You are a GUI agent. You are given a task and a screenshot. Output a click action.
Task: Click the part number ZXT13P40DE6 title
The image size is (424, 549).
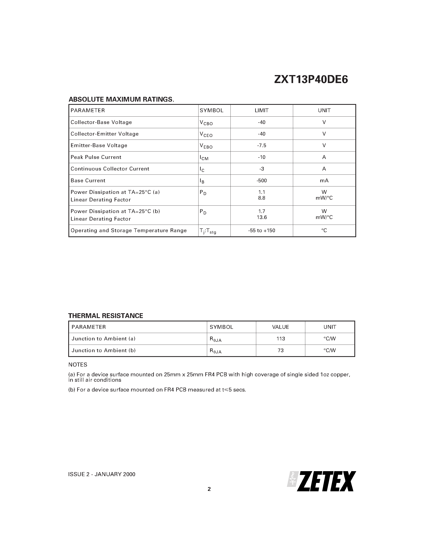(311, 80)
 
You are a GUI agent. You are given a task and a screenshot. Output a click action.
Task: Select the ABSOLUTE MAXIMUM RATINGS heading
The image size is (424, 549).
(121, 99)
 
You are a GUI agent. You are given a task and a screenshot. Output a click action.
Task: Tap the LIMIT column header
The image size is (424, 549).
(262, 110)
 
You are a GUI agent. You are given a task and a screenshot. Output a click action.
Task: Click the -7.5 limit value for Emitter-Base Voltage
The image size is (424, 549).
(262, 146)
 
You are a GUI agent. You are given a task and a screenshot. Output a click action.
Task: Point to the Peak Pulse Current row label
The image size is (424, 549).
(96, 157)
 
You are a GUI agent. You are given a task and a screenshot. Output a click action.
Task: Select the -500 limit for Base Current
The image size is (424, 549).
(262, 180)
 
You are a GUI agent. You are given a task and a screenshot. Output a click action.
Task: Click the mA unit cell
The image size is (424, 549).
(324, 180)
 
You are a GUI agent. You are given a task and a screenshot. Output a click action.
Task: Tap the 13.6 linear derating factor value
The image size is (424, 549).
(262, 217)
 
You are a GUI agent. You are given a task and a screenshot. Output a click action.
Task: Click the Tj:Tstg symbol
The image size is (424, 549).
(208, 231)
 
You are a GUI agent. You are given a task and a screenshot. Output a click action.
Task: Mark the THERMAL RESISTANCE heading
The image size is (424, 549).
(106, 316)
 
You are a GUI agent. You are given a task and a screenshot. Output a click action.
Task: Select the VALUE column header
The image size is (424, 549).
(281, 327)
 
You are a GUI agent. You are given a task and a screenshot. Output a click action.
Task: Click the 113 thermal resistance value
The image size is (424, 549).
(281, 339)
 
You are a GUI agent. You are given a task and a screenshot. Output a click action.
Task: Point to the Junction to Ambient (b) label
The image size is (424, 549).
(104, 350)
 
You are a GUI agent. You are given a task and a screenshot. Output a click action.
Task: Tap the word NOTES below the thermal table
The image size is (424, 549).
(78, 365)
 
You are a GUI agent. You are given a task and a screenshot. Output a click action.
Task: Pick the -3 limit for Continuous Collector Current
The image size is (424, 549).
(262, 169)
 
